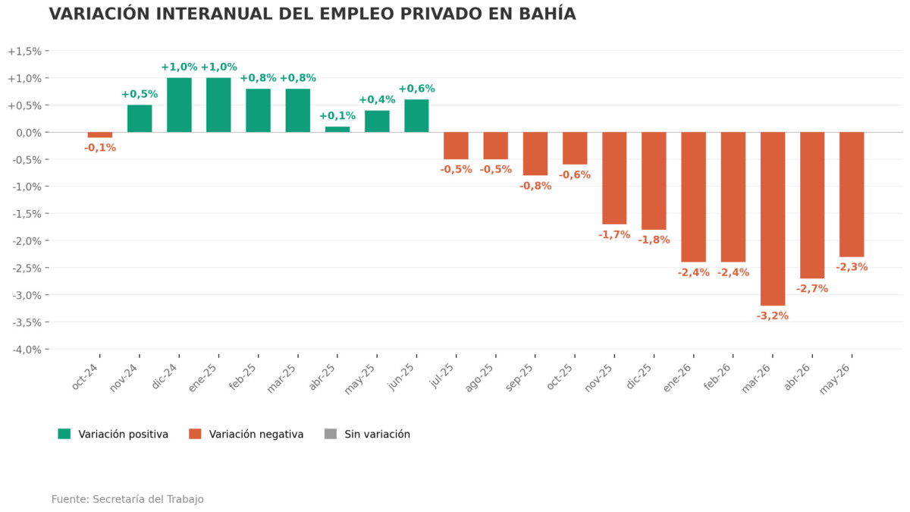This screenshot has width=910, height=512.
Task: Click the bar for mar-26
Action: point(773,218)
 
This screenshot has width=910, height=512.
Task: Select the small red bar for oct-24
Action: point(100,135)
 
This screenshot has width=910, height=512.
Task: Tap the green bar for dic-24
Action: point(179,105)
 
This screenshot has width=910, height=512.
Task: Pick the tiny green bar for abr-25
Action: point(337,129)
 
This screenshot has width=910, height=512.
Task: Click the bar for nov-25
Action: point(614,178)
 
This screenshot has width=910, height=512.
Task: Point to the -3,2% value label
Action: point(772,316)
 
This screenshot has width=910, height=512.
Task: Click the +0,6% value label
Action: point(416,89)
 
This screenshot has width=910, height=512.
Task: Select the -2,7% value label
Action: point(812,288)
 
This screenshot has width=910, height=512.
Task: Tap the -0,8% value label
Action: point(535,186)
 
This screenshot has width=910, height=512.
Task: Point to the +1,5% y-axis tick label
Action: point(25,52)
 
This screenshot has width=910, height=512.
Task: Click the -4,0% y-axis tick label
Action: point(27,350)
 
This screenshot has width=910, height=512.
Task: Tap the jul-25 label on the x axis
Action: point(441,376)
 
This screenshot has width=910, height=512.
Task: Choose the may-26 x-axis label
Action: point(834,379)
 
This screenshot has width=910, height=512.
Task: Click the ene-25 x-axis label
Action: point(202,378)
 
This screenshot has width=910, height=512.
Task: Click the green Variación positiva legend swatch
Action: point(64,434)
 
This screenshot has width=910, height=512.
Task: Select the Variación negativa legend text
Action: point(256,435)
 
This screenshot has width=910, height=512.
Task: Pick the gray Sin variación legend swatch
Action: point(331,434)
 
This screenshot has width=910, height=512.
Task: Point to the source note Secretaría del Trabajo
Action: point(149,499)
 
